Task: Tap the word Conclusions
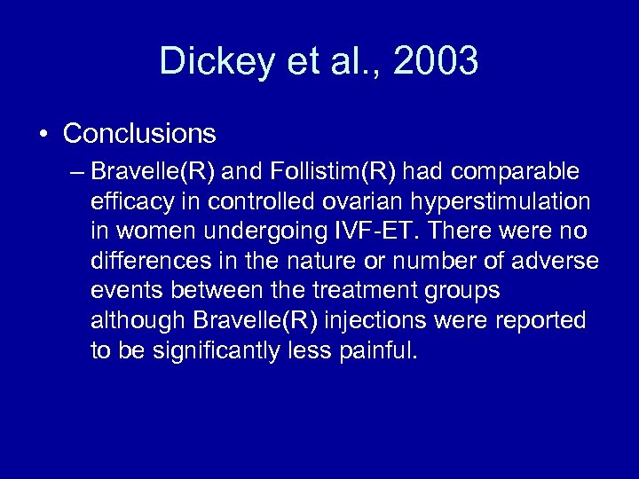(x=139, y=134)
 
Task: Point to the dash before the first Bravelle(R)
(x=78, y=170)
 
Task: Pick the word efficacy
(x=126, y=200)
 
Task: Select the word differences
(x=142, y=261)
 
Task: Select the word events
(x=123, y=291)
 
